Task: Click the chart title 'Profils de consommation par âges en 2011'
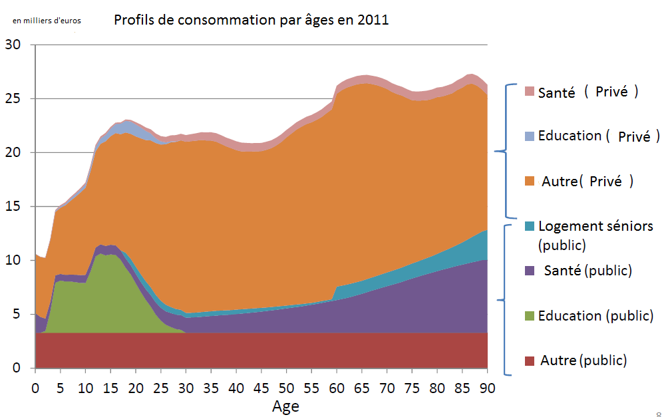(x=251, y=20)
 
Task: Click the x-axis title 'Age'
(x=285, y=406)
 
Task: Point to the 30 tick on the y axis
(x=13, y=45)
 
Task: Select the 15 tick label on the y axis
(x=13, y=207)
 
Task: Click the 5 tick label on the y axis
(x=17, y=315)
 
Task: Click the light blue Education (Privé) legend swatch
(x=530, y=136)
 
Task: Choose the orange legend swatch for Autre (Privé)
(x=530, y=181)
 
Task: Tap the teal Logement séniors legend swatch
(x=530, y=226)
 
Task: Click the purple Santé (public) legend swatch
(x=530, y=271)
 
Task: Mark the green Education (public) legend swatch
(x=530, y=316)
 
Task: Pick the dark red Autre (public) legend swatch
(x=530, y=361)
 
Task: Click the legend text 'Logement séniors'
(x=595, y=226)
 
